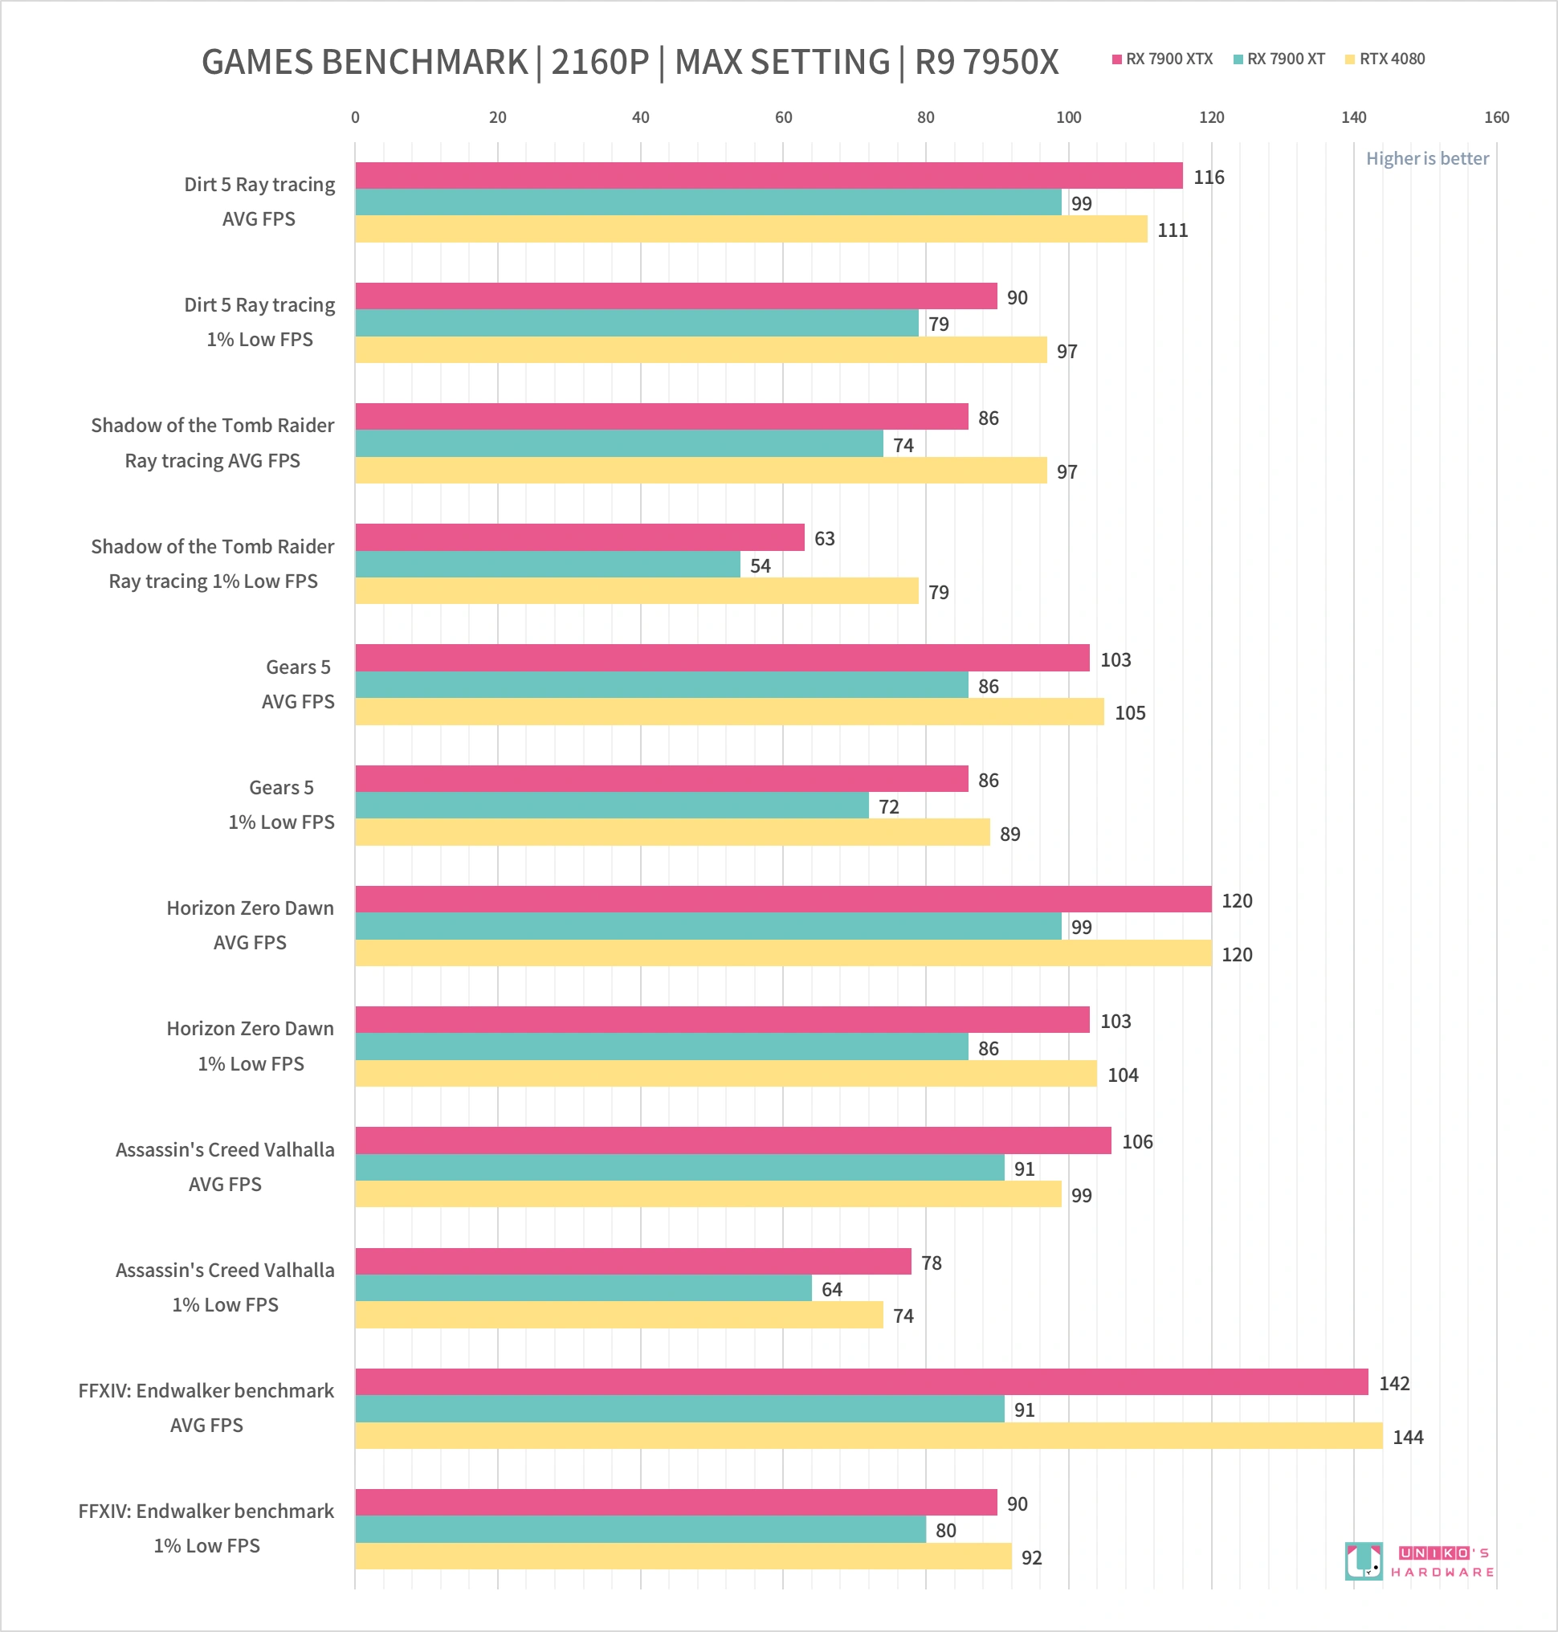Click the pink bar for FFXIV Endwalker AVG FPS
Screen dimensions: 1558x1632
pyautogui.click(x=861, y=1382)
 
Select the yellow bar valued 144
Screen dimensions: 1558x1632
pyautogui.click(x=869, y=1436)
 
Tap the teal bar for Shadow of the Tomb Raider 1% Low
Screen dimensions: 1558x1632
pyautogui.click(x=547, y=565)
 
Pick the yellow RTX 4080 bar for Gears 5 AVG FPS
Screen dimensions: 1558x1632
pyautogui.click(x=729, y=712)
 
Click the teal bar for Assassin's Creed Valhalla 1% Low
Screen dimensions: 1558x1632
pyautogui.click(x=583, y=1288)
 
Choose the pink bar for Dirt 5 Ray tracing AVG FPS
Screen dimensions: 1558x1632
pyautogui.click(x=769, y=175)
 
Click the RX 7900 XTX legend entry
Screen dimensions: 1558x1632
pyautogui.click(x=1162, y=59)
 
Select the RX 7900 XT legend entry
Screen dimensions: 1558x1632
pyautogui.click(x=1279, y=59)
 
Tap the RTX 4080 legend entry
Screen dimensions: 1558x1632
pyautogui.click(x=1385, y=59)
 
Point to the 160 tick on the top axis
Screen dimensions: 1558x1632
pyautogui.click(x=1496, y=117)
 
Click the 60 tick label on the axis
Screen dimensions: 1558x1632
pyautogui.click(x=783, y=117)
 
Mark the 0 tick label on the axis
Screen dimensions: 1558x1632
pyautogui.click(x=356, y=117)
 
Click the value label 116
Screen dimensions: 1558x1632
pyautogui.click(x=1209, y=177)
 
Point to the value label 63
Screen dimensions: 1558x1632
pyautogui.click(x=824, y=538)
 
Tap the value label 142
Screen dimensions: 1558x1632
pyautogui.click(x=1394, y=1383)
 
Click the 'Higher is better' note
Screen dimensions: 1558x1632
pyautogui.click(x=1427, y=159)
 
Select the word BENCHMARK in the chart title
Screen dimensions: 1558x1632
pyautogui.click(x=423, y=63)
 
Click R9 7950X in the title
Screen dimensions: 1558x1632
pyautogui.click(x=987, y=63)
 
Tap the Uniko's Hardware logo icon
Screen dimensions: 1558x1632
pyautogui.click(x=1364, y=1561)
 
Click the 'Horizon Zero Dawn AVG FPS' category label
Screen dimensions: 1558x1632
pyautogui.click(x=250, y=925)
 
